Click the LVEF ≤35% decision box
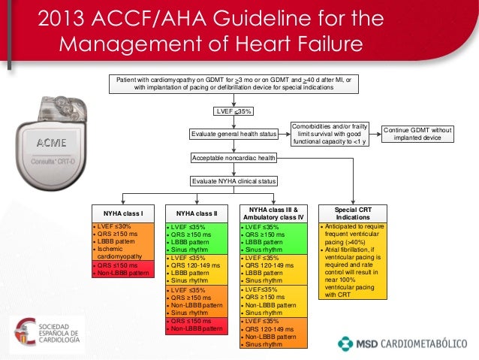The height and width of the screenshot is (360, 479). [233, 111]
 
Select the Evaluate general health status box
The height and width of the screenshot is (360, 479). [233, 135]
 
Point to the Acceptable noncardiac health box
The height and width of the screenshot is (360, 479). [233, 158]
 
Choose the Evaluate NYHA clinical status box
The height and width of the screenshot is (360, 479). [233, 181]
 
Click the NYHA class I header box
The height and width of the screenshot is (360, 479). [122, 213]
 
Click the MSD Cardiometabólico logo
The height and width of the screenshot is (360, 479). [402, 342]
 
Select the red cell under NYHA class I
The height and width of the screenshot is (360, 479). [122, 269]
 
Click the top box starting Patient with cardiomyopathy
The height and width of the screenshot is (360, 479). [233, 83]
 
